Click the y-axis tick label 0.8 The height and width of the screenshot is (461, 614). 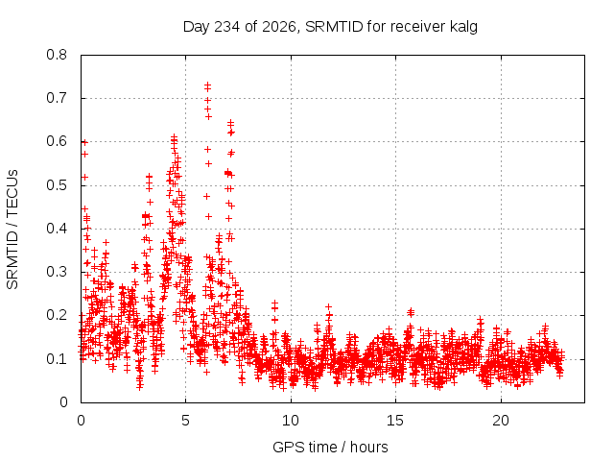point(57,55)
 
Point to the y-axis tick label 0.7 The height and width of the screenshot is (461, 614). point(57,98)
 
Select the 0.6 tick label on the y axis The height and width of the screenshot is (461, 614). point(57,141)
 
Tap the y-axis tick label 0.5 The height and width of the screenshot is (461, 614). point(57,185)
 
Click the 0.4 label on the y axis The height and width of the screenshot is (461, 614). point(57,229)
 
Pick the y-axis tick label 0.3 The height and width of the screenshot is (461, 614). point(57,272)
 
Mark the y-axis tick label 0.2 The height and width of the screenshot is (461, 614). point(57,315)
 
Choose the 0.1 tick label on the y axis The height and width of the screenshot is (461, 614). point(57,358)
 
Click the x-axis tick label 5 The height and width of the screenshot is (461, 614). point(185,421)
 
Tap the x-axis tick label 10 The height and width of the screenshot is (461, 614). point(291,421)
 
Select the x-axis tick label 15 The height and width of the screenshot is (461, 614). point(395,421)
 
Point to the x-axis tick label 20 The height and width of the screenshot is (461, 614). point(501,421)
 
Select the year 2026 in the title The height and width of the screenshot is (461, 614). point(279,27)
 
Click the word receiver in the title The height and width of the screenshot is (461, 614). point(418,27)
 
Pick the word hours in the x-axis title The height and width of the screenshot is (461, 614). point(368,447)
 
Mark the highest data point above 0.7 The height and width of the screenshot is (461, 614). point(207,85)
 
